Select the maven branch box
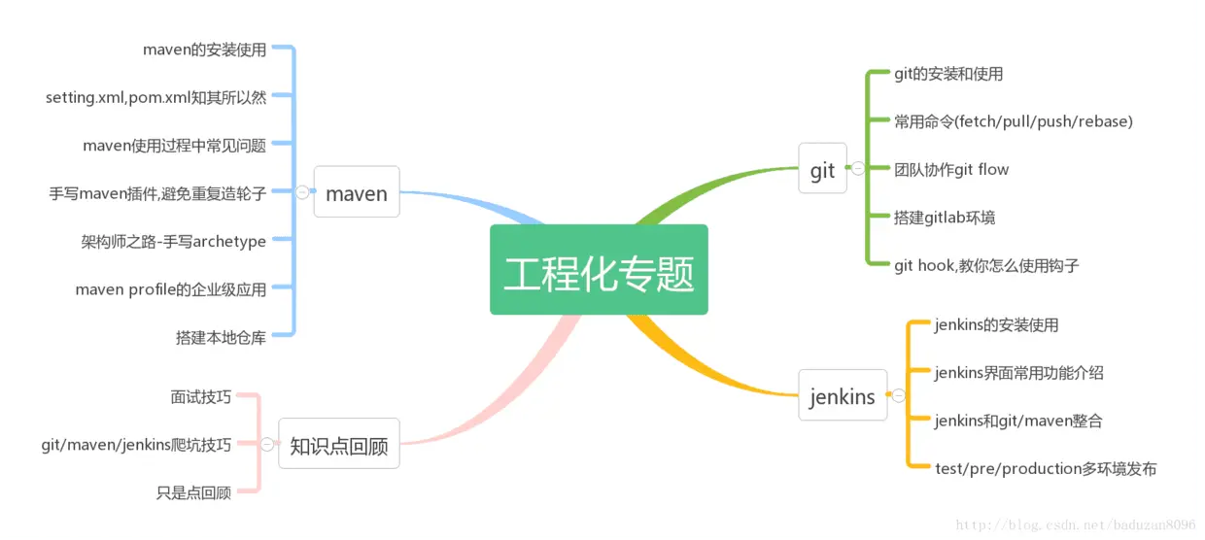357,193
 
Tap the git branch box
822,169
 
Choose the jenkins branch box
843,395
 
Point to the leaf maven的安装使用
204,49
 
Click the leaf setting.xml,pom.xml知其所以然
155,96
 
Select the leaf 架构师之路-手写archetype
173,241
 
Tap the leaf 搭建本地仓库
221,337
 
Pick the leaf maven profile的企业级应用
170,288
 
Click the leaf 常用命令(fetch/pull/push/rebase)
1014,121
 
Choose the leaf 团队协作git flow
951,169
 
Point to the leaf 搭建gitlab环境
945,217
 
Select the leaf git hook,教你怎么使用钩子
986,265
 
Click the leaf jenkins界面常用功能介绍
1018,372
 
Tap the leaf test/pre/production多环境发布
1046,468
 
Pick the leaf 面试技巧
200,396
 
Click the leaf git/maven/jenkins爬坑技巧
136,445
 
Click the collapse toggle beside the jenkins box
899,395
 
